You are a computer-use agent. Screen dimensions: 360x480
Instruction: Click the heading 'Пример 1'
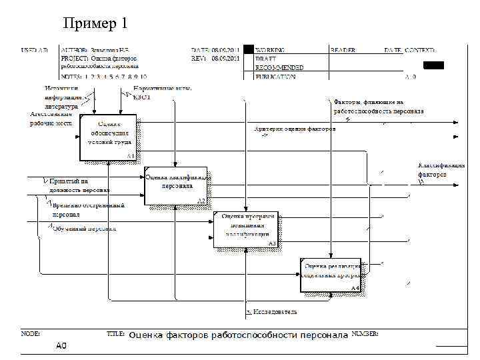click(95, 24)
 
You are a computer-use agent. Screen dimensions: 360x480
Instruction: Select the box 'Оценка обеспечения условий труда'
click(109, 137)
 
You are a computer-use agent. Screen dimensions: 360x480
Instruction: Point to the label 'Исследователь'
click(274, 311)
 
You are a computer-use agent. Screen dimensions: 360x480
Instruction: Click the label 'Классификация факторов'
click(441, 170)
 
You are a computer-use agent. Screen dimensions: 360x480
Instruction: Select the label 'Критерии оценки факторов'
click(295, 129)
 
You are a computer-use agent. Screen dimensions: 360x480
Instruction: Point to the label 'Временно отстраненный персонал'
click(88, 210)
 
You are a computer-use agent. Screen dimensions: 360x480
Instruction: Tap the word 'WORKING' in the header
click(271, 50)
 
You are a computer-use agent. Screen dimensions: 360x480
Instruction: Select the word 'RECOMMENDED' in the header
click(279, 67)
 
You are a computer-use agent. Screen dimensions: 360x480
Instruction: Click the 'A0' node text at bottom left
click(61, 346)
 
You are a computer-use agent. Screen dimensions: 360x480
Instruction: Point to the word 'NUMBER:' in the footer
click(365, 333)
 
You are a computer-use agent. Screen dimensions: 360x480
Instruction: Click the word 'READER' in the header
click(343, 50)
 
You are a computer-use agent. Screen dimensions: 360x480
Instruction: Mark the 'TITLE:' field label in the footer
click(117, 333)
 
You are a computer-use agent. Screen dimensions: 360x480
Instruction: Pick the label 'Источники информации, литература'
click(61, 97)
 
